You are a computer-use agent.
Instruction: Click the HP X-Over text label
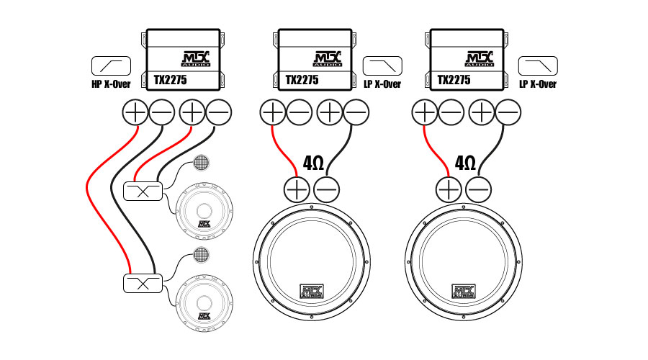click(x=111, y=84)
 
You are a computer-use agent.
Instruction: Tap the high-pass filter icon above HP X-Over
click(x=111, y=66)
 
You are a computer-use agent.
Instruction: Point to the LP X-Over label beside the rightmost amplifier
click(x=537, y=84)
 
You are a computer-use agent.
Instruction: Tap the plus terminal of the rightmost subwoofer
click(x=449, y=189)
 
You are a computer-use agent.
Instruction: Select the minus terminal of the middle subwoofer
click(x=328, y=189)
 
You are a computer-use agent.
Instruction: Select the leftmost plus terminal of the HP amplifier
click(x=135, y=112)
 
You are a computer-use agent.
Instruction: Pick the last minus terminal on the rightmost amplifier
click(x=508, y=112)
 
